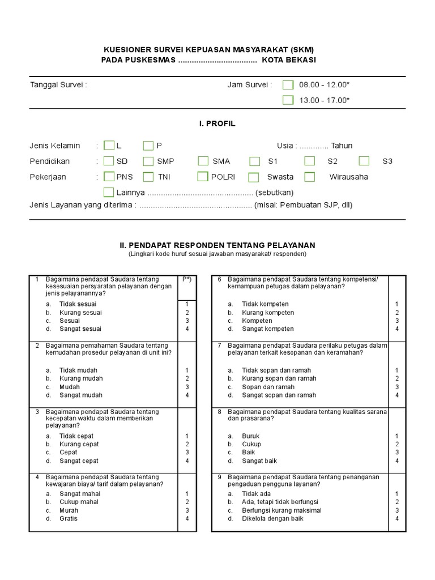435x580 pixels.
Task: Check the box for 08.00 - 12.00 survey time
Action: (x=288, y=85)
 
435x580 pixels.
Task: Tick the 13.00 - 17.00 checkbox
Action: (x=288, y=100)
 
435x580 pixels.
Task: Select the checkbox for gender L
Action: (x=109, y=146)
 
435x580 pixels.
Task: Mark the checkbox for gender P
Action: (x=148, y=146)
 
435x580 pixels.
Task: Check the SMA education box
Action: (x=203, y=161)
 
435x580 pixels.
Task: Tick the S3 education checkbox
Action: (x=364, y=161)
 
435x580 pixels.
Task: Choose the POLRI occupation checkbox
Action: (x=203, y=177)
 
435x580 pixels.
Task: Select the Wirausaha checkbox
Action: (x=309, y=177)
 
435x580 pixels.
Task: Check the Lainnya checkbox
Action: (x=109, y=193)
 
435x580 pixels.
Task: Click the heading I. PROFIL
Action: (x=217, y=123)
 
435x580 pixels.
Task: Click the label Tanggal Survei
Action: (x=58, y=85)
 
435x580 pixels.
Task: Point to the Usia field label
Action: (x=286, y=146)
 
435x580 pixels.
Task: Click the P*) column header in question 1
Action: (x=186, y=279)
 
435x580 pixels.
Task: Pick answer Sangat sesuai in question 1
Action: (x=80, y=329)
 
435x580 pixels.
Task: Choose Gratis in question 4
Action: (x=69, y=518)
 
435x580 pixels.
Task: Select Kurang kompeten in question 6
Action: (x=268, y=312)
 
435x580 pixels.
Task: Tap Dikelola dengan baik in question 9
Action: (x=273, y=518)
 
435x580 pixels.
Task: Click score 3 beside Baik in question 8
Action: (x=397, y=453)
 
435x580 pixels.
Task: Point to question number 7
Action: (x=219, y=345)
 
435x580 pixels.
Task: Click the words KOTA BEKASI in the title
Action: (x=293, y=60)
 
